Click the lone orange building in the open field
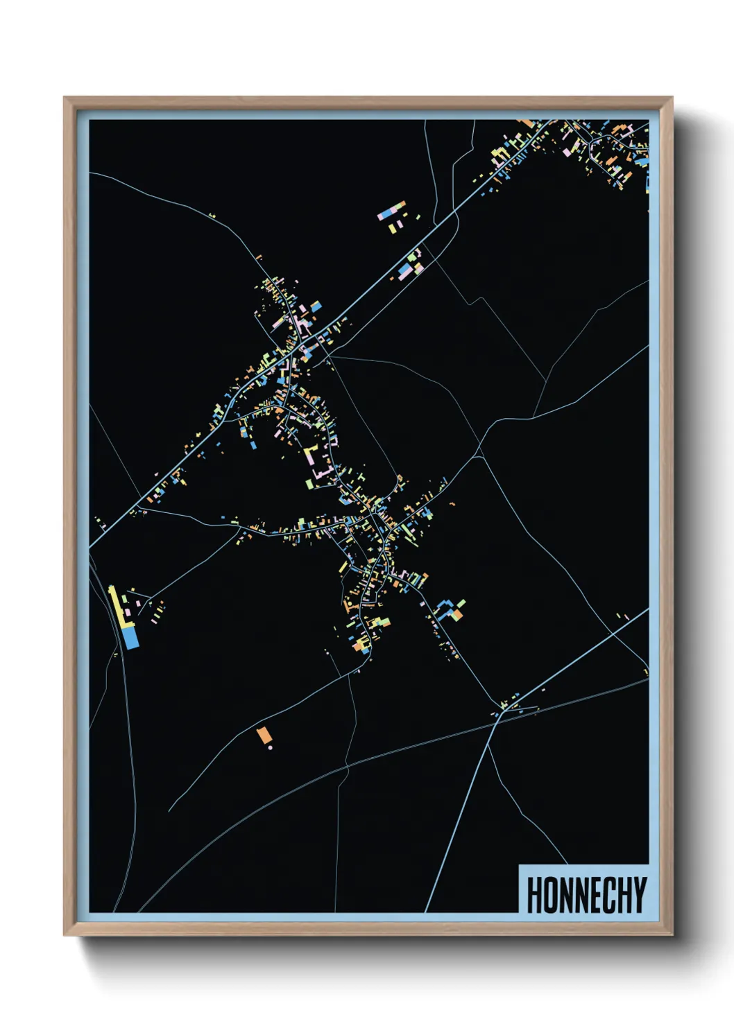pos(263,735)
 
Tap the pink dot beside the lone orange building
pos(270,748)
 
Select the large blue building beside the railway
pos(130,638)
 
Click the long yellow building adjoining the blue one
pos(118,608)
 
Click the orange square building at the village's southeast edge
pos(457,614)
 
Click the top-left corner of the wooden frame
pos(65,98)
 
